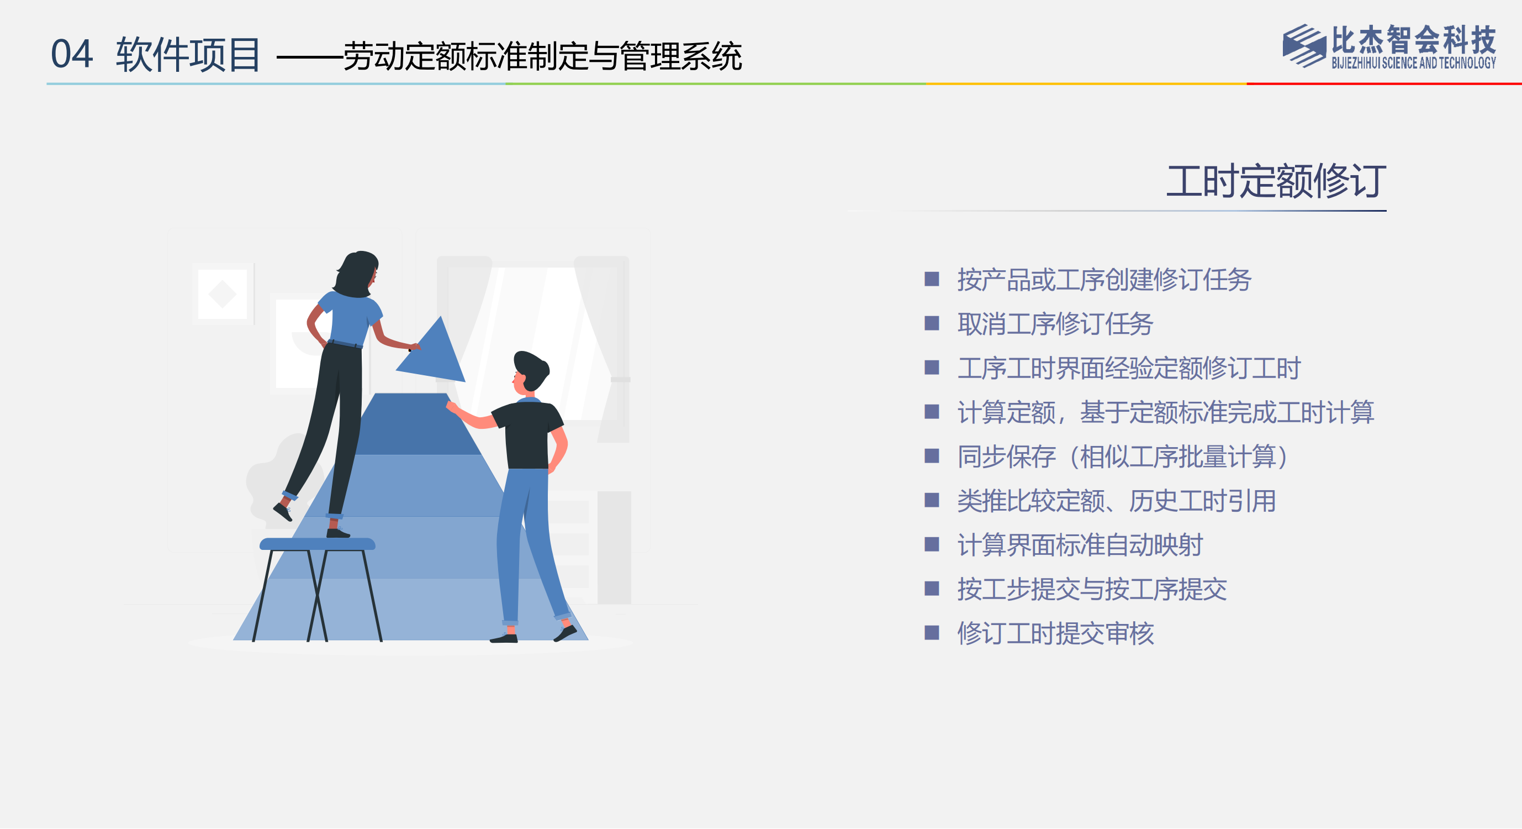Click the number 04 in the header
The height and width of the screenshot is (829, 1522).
[x=71, y=54]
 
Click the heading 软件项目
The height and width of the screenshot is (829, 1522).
[x=188, y=54]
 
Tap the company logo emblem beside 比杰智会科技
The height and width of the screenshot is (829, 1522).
[x=1304, y=45]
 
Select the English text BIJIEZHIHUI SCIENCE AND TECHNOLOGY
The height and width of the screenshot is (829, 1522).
[x=1413, y=62]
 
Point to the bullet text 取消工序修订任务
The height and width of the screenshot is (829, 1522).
[x=1055, y=324]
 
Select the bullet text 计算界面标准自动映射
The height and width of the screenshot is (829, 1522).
[x=1080, y=545]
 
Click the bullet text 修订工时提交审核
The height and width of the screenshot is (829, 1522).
[x=1055, y=633]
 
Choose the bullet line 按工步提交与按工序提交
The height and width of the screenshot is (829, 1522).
[x=1092, y=589]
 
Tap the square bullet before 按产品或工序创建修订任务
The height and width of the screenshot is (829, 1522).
[x=932, y=279]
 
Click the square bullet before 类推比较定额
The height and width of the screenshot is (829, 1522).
[x=932, y=501]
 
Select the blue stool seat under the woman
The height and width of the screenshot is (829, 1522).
[x=318, y=544]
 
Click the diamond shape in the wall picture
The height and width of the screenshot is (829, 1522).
[x=222, y=294]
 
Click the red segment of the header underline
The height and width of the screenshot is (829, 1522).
[x=1384, y=84]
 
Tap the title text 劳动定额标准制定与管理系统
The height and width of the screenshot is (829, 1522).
[x=542, y=56]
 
